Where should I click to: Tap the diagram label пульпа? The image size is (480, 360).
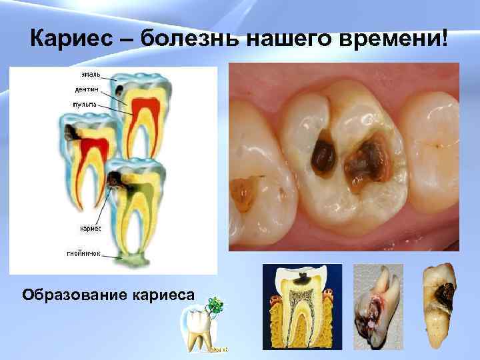[85, 104]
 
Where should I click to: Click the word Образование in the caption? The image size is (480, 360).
[73, 294]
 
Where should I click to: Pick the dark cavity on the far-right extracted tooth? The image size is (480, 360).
[442, 293]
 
